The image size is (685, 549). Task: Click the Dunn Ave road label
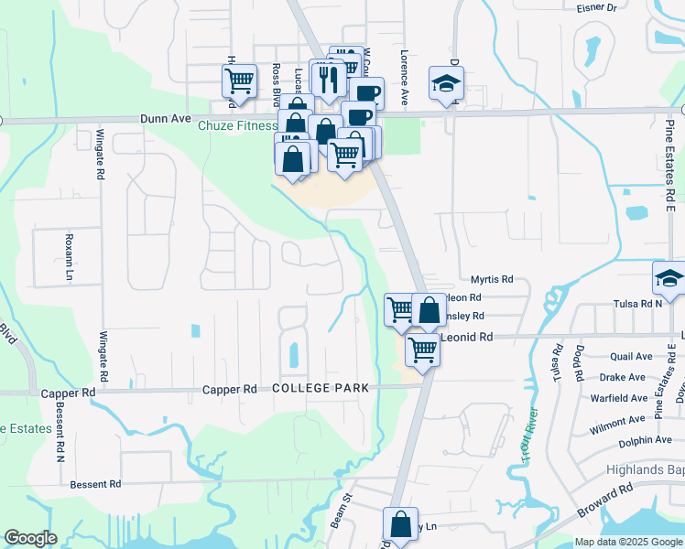point(165,118)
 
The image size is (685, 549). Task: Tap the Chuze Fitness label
point(238,126)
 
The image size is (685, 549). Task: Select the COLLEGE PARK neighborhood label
point(321,388)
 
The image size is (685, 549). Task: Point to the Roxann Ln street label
point(68,255)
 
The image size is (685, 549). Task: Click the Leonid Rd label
point(467,337)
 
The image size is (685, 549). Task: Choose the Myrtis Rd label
point(492,279)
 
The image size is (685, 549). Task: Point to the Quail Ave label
point(631,357)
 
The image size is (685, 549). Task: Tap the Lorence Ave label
point(403,70)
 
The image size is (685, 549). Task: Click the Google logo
point(30,538)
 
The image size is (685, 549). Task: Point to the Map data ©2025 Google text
point(628,542)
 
